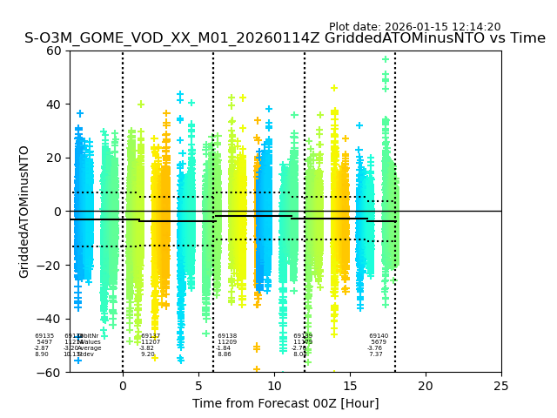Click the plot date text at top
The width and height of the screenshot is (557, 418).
[x=414, y=27]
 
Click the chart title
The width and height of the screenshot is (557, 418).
[x=285, y=38]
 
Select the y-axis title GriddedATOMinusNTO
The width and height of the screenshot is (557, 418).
[x=24, y=212]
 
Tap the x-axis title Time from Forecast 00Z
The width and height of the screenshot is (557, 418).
[x=285, y=403]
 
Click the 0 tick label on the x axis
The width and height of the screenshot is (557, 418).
[x=123, y=385]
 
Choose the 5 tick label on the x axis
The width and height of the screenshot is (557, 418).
[x=198, y=385]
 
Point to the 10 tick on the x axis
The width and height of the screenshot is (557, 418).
[x=274, y=385]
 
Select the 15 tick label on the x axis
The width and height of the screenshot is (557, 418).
[x=350, y=385]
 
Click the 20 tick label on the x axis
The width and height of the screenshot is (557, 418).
[x=426, y=385]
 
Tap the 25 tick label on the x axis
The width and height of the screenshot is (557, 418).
[x=501, y=385]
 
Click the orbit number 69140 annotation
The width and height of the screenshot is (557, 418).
[x=379, y=336]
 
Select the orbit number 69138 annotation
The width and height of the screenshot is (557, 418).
[x=227, y=336]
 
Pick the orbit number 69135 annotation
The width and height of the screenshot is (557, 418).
[x=44, y=336]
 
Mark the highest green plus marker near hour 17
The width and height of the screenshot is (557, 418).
[x=386, y=59]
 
